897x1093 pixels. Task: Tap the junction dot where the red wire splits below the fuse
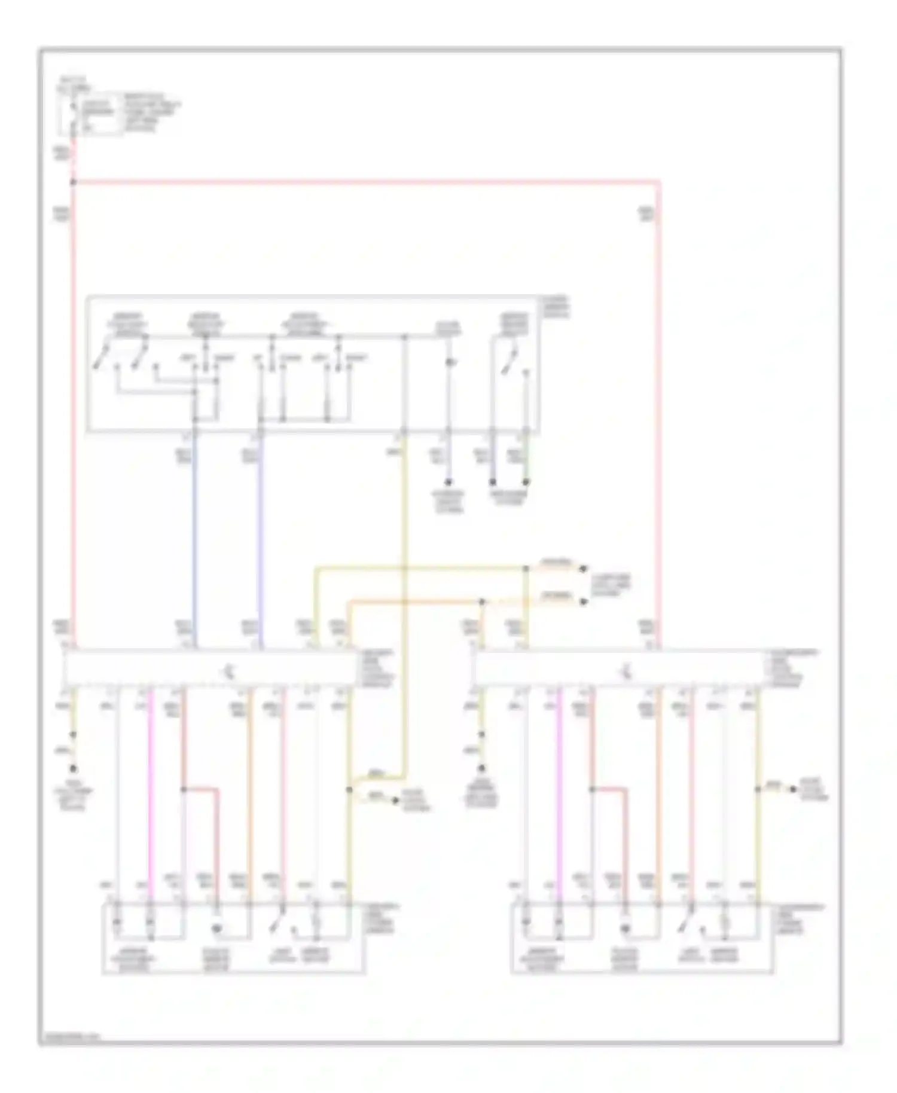coord(74,181)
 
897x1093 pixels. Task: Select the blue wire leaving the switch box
coord(194,538)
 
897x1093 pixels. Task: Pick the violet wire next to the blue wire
coord(260,538)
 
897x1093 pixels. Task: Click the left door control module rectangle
coord(209,667)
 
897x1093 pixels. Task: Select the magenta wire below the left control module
coord(151,789)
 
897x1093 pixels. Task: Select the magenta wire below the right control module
coord(560,789)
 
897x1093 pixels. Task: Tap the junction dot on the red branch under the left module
coord(184,789)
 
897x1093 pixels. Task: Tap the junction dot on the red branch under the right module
coord(593,789)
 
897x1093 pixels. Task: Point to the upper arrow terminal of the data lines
coord(583,569)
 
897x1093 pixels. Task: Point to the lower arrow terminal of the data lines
coord(583,601)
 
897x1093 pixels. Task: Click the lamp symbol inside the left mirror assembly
coord(217,929)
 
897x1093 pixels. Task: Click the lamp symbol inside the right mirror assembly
coord(626,929)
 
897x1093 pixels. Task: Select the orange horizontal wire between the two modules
coord(419,601)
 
